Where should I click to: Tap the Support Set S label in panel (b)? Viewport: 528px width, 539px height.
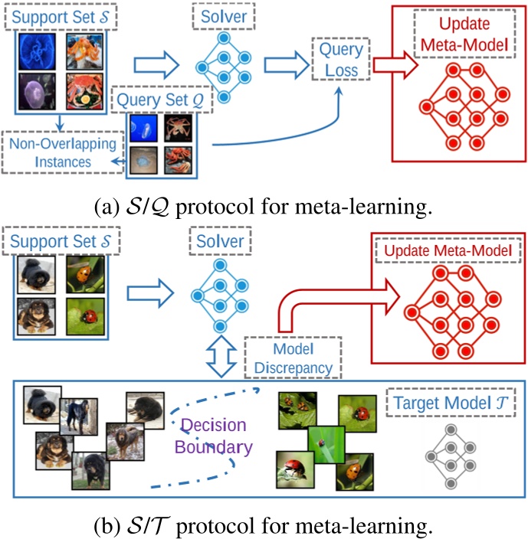[58, 242]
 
